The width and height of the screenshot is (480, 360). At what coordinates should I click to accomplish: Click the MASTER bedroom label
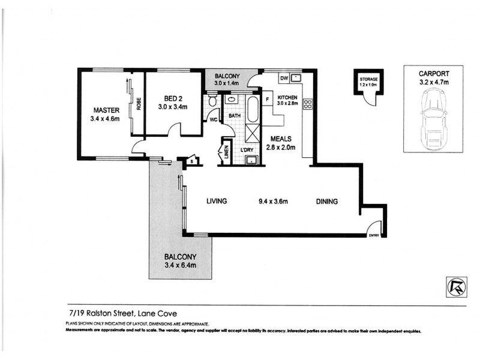pos(106,110)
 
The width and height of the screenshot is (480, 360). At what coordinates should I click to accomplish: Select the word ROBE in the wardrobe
pos(138,104)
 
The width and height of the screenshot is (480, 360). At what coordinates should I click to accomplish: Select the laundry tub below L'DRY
pos(251,160)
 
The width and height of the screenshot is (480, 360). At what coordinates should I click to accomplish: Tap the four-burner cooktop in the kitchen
pos(309,104)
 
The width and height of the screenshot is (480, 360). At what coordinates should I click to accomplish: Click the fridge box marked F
pos(267,99)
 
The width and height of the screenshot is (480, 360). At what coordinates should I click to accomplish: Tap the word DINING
pos(327,201)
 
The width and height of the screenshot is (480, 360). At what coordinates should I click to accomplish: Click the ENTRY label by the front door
pos(374,235)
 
